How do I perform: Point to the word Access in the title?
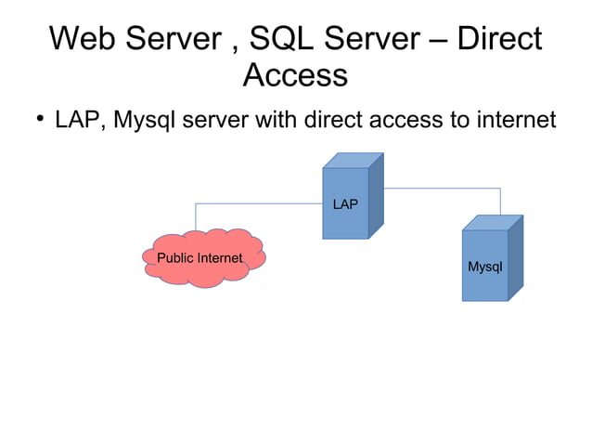tap(295, 75)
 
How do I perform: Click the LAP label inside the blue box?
tap(345, 203)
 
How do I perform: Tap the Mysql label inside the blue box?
tap(484, 267)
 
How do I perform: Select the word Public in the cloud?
tap(176, 257)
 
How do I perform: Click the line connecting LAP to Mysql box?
tap(445, 189)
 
